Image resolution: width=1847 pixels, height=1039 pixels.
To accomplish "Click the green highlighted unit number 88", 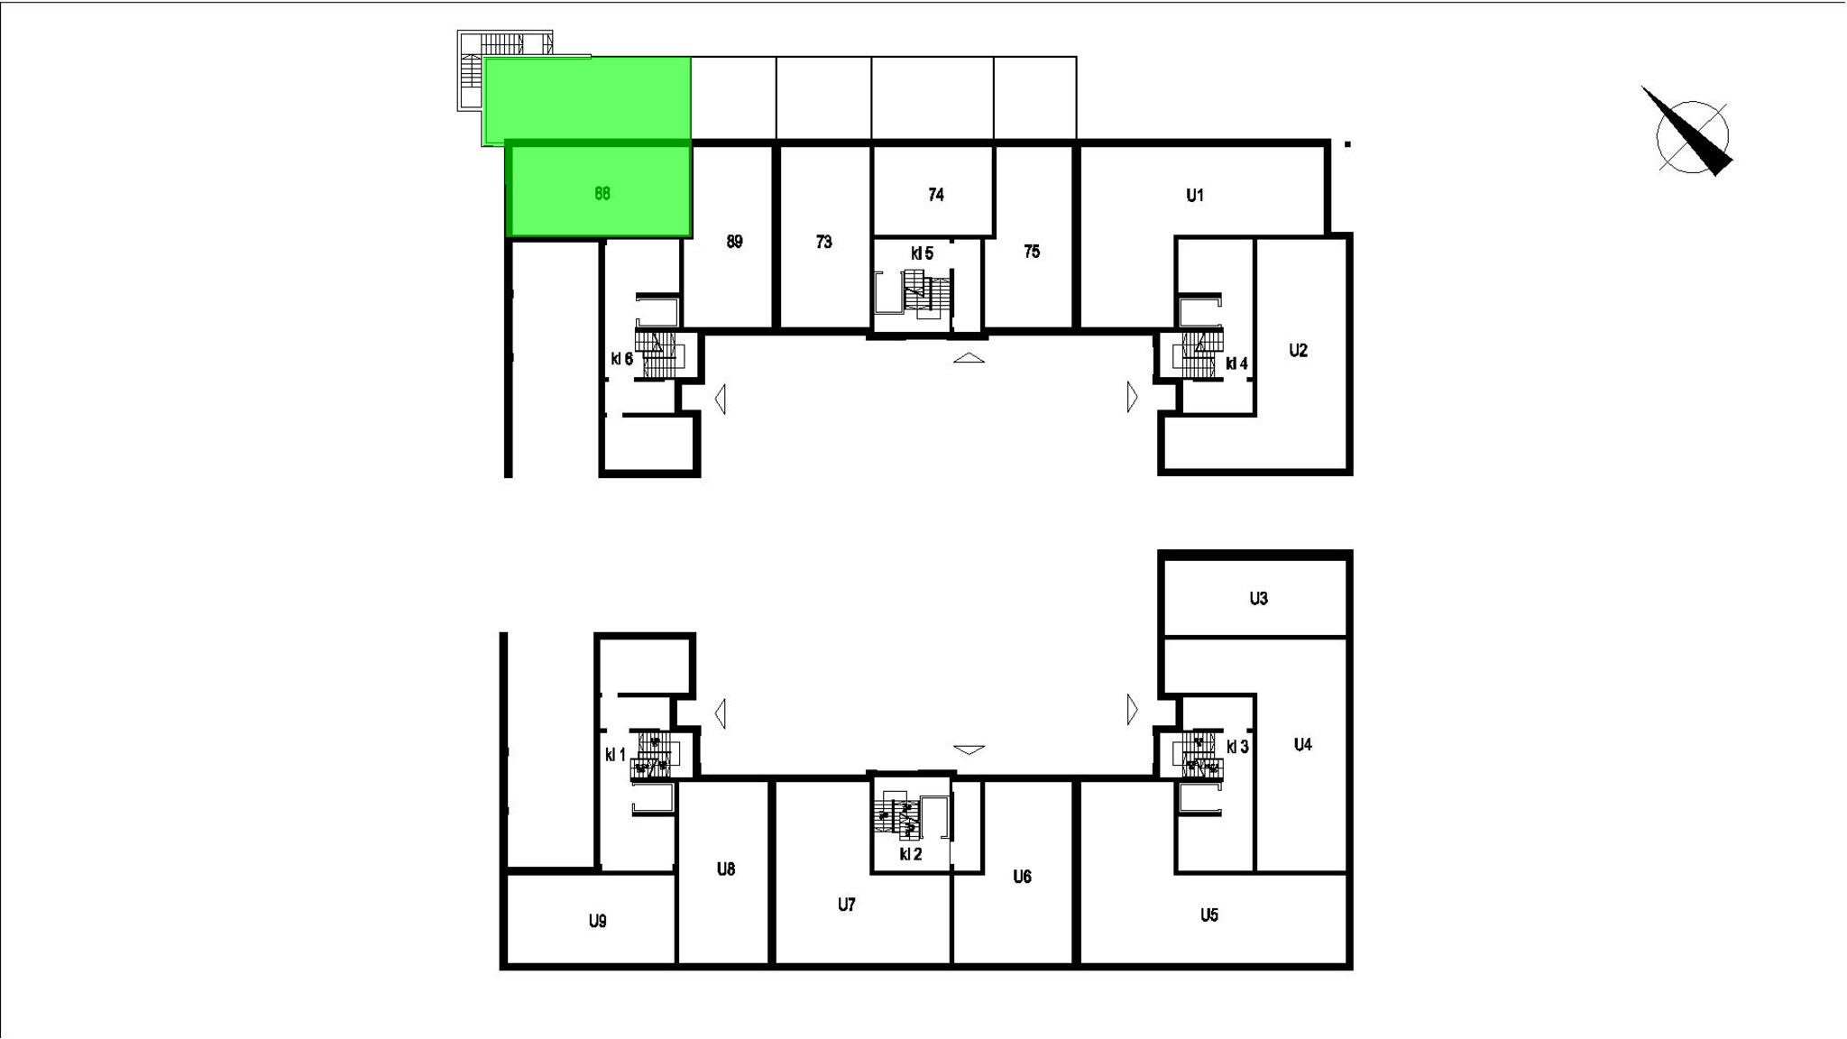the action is coord(602,193).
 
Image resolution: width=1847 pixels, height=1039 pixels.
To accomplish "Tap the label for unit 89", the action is coord(734,242).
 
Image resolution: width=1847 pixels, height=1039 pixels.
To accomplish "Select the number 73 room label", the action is coord(823,242).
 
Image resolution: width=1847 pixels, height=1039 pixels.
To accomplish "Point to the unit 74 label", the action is coord(936,195).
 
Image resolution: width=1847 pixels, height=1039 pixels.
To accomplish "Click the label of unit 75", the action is coord(1032,252).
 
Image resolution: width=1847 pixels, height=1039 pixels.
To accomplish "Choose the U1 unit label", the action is coord(1195,196).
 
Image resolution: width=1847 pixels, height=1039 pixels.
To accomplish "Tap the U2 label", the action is coord(1298,351).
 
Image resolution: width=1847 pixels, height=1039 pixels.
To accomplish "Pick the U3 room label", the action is coord(1259,599).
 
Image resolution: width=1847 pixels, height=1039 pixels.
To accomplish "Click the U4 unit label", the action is coord(1302,745).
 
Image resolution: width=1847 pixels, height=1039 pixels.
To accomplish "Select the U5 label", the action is coord(1209,915).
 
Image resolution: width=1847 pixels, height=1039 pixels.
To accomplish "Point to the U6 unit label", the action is coord(1022,877).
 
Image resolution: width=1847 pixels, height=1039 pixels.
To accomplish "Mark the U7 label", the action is coord(846,905).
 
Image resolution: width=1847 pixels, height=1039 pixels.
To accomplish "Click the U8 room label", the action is coord(726,869).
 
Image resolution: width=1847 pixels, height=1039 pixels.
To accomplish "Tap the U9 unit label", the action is coord(598,921).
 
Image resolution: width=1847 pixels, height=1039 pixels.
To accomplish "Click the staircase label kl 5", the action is coord(922,254).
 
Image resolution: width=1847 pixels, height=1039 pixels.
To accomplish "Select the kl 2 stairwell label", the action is coord(911,854).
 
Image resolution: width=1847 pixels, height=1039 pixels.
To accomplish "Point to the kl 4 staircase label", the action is coord(1236,364).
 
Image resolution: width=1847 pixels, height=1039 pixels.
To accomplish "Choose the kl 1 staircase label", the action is coord(615,755).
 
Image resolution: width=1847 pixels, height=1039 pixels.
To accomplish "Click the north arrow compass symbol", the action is coord(1688,133).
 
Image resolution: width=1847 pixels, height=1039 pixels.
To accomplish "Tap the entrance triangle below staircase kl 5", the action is coord(969,358).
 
